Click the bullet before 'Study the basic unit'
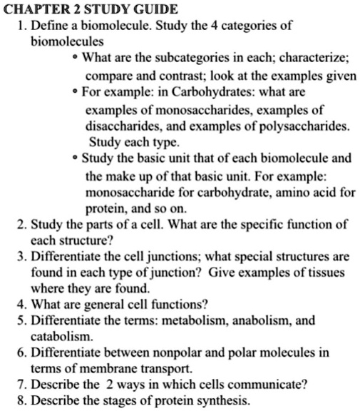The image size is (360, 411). pos(75,158)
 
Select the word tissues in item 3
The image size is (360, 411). pos(327,273)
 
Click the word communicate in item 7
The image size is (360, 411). pos(273,385)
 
